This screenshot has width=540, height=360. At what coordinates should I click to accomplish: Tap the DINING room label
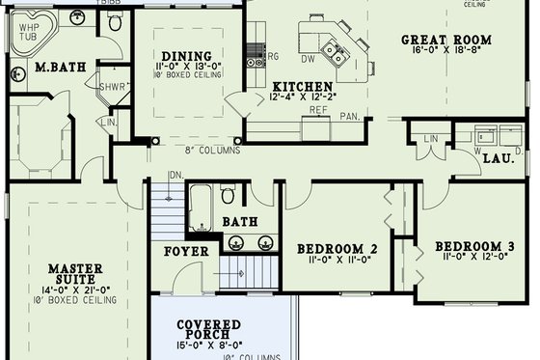[179, 56]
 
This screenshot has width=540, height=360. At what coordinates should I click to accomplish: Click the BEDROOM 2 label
[335, 245]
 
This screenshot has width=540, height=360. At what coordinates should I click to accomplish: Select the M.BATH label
[56, 68]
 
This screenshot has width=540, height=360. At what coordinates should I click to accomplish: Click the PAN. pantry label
[349, 116]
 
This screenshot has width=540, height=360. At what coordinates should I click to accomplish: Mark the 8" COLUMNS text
[213, 150]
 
